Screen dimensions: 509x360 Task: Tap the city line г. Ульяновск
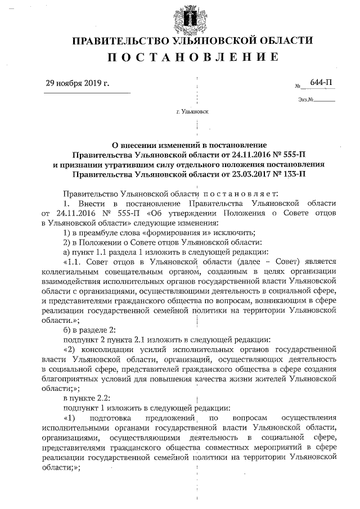192,111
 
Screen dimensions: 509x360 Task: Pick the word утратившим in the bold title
141,164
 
